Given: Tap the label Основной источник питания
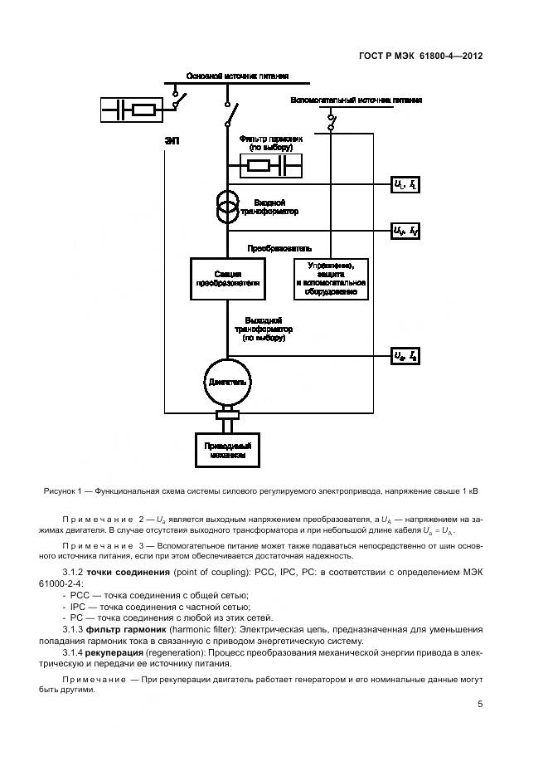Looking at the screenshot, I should [x=237, y=76].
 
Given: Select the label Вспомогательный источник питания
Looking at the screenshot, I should [x=356, y=100].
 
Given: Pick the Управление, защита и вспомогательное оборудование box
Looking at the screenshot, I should [x=331, y=278].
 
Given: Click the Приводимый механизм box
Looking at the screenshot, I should [x=226, y=450].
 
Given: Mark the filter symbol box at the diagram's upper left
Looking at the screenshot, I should [x=133, y=110].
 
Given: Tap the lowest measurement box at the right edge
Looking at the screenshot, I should [x=405, y=357].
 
